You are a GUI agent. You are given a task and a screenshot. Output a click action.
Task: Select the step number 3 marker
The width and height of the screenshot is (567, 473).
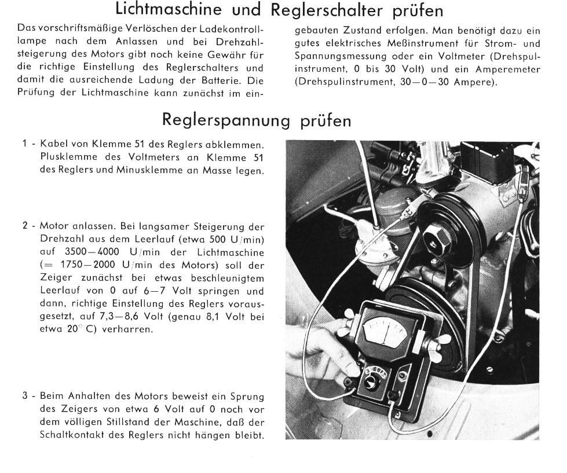coord(25,397)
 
